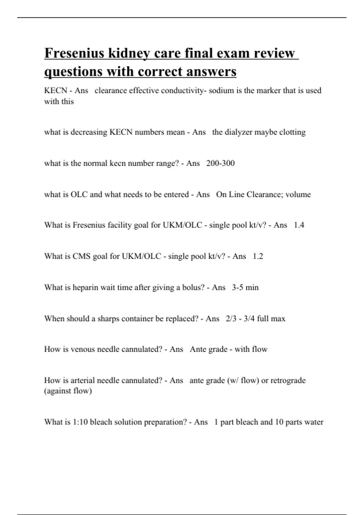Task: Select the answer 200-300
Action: [220, 163]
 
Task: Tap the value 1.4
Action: [299, 225]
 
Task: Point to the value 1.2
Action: [258, 256]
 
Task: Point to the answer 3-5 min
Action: [245, 287]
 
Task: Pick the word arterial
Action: [83, 380]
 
